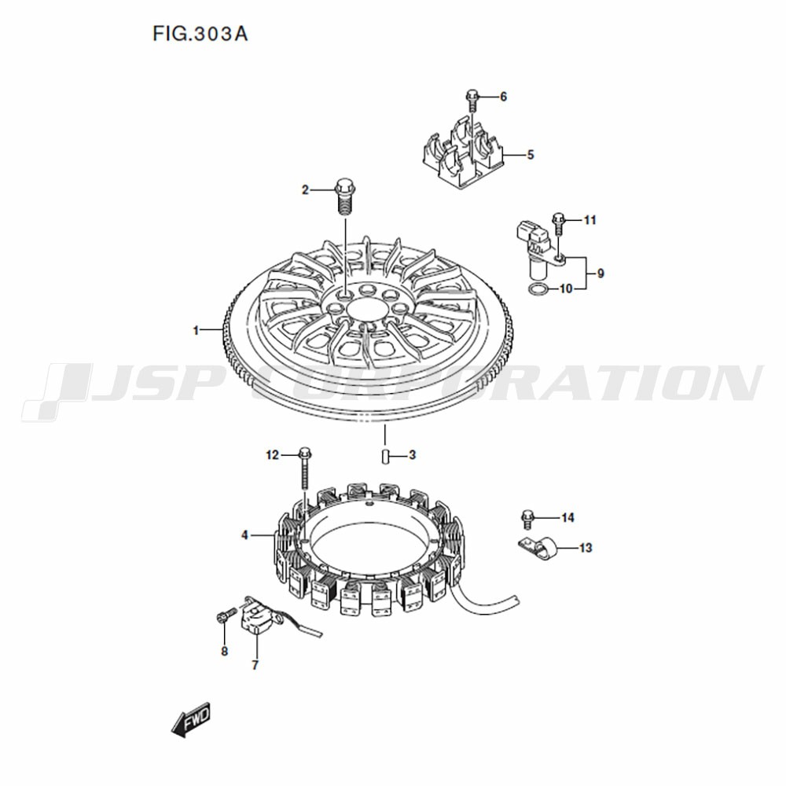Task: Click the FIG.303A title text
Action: [200, 34]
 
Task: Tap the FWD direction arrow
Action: [191, 720]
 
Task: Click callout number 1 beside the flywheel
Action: [196, 330]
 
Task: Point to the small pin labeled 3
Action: [385, 457]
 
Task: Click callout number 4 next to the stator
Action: [244, 535]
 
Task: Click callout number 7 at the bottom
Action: [255, 665]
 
